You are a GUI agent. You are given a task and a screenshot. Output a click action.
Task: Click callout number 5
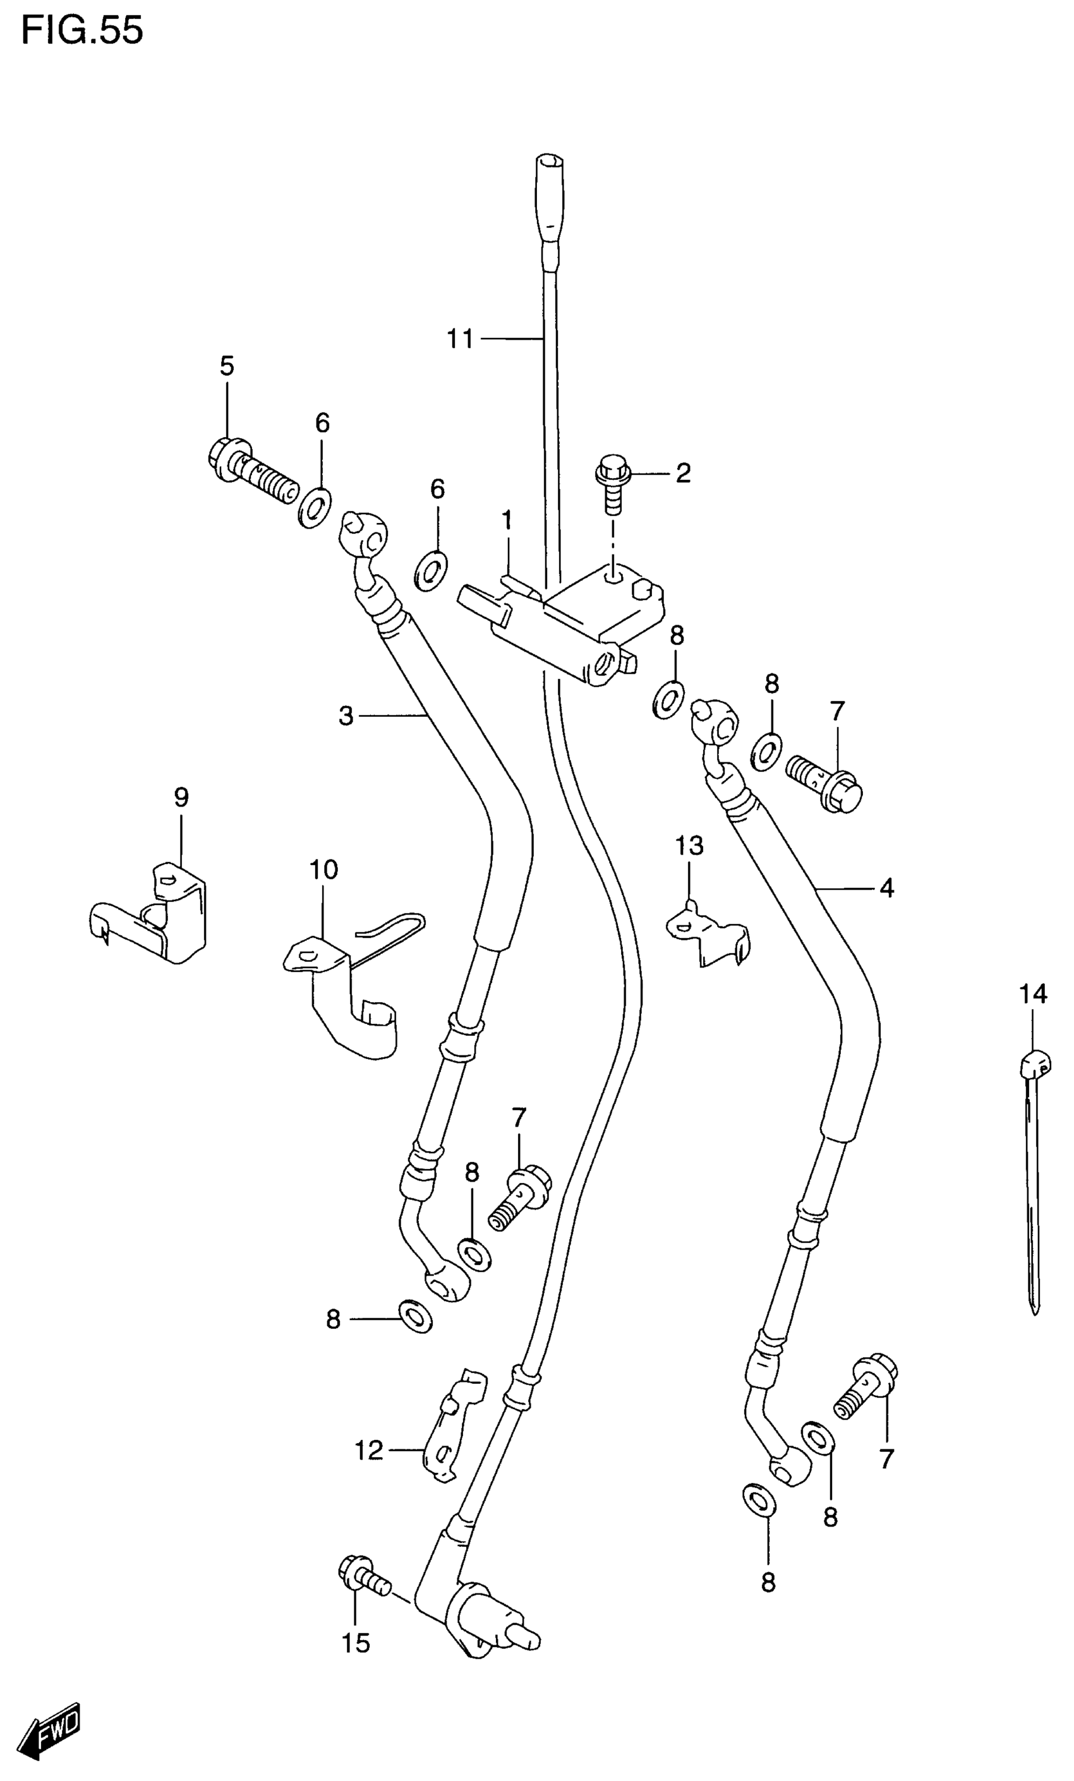[227, 366]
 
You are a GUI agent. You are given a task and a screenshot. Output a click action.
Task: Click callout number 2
[683, 474]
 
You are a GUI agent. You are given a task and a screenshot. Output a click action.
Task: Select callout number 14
[1033, 995]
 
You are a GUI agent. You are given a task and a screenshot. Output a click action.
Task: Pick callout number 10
[323, 870]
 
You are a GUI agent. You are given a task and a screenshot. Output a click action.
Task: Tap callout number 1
[506, 520]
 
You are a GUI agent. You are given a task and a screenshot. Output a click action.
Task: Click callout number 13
[689, 845]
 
